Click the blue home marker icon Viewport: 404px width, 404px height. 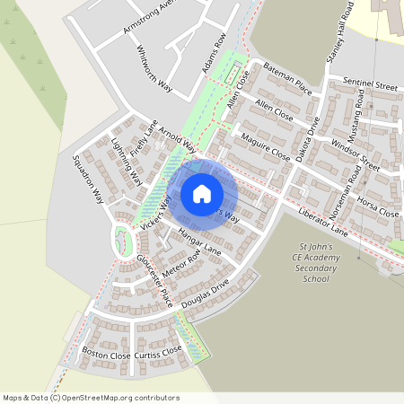(202, 194)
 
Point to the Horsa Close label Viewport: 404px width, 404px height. (377, 206)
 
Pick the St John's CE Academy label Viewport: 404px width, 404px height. (316, 261)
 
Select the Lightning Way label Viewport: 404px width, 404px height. (126, 161)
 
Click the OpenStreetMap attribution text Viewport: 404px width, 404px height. (91, 398)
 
